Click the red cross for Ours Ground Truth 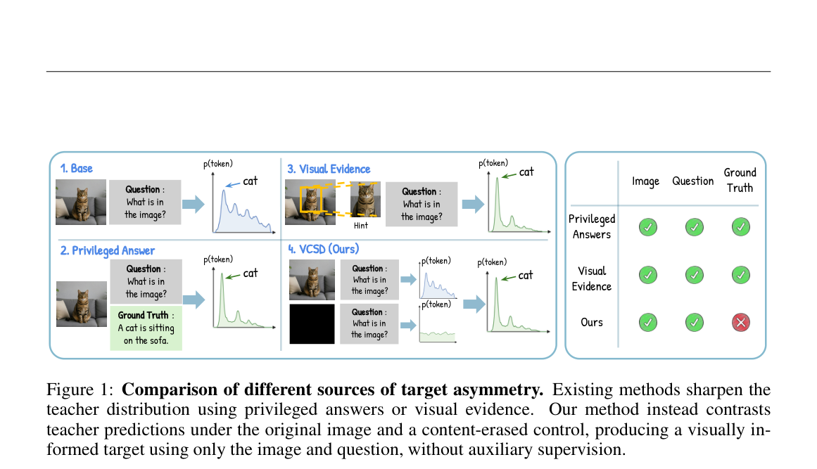[740, 323]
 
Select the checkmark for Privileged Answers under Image [647, 227]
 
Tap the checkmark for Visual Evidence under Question [694, 275]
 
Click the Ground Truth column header [740, 180]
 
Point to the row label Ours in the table [592, 322]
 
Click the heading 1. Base [76, 169]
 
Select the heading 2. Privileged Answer [108, 250]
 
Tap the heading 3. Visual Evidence [329, 169]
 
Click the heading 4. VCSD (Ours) [324, 250]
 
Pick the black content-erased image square [312, 324]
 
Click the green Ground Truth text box [146, 328]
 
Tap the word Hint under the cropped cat [360, 226]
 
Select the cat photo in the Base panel [81, 203]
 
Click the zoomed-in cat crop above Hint [365, 200]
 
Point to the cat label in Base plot [250, 181]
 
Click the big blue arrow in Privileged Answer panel [194, 300]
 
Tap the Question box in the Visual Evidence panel [422, 204]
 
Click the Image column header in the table [645, 181]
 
